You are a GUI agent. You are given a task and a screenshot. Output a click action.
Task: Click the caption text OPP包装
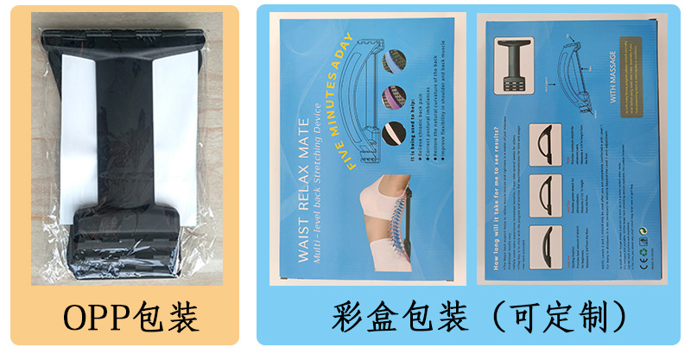[x=120, y=318]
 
